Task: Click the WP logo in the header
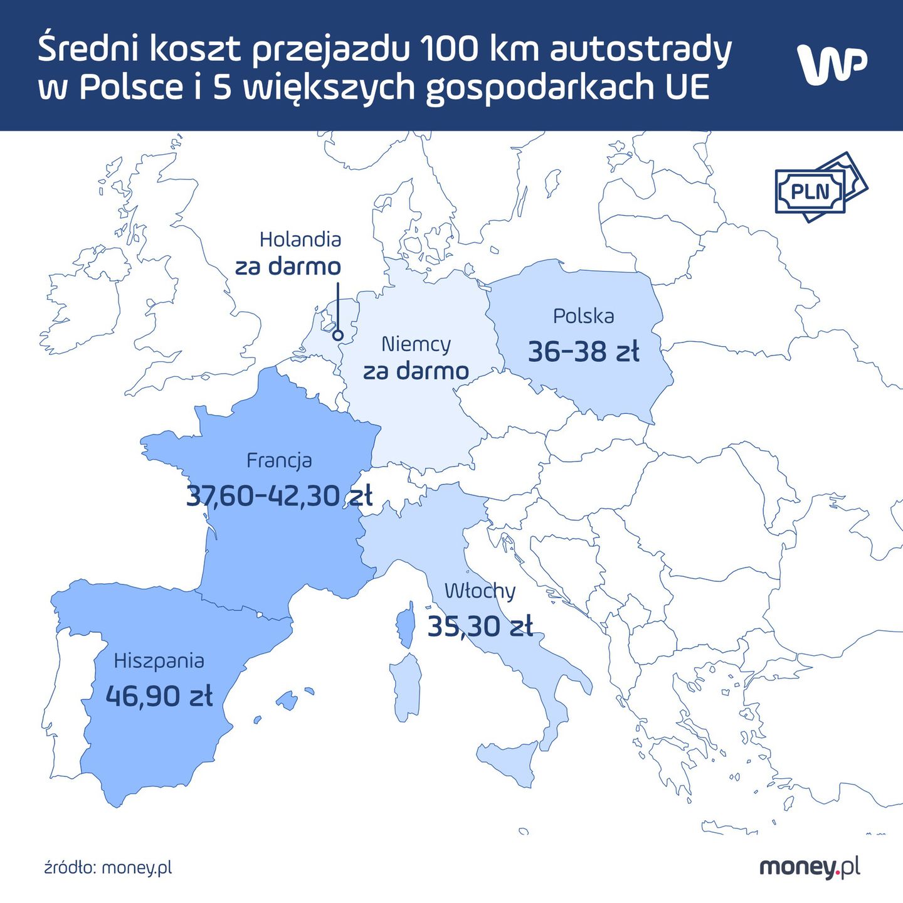[832, 64]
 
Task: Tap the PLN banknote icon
[820, 187]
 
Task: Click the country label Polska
[583, 316]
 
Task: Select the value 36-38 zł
[583, 352]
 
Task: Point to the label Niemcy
[416, 344]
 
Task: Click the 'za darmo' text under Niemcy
[416, 371]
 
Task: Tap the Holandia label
[300, 240]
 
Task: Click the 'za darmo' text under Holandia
[288, 267]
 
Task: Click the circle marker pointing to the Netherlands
[337, 335]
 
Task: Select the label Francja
[279, 460]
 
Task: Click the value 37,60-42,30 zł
[279, 496]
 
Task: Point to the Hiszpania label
[159, 661]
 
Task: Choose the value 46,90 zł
[159, 696]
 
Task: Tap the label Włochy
[480, 591]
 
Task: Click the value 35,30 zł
[480, 626]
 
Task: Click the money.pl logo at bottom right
[810, 867]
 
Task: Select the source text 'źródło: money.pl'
[108, 868]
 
